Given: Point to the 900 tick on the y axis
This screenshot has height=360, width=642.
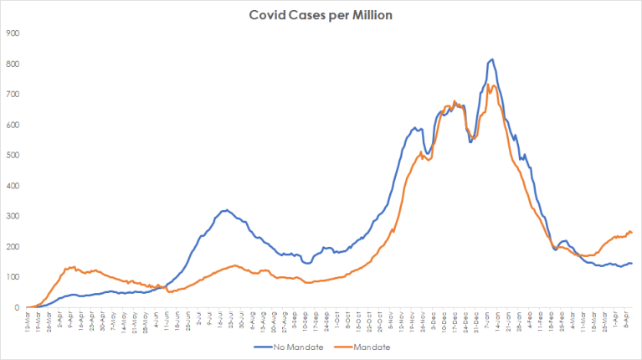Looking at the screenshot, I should (13, 33).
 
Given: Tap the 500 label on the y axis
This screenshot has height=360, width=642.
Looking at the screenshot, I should (13, 155).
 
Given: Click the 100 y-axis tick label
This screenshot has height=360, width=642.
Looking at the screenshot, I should (13, 277).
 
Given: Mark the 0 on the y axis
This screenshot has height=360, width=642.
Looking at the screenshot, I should (18, 307).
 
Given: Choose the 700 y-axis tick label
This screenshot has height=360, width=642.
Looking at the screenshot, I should (13, 94).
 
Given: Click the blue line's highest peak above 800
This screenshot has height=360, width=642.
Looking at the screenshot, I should (492, 59).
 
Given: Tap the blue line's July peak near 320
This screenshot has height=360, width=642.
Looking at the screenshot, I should (225, 209).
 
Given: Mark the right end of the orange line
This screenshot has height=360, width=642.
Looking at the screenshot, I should (631, 232).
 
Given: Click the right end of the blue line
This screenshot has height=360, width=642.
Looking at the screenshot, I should (631, 263).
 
